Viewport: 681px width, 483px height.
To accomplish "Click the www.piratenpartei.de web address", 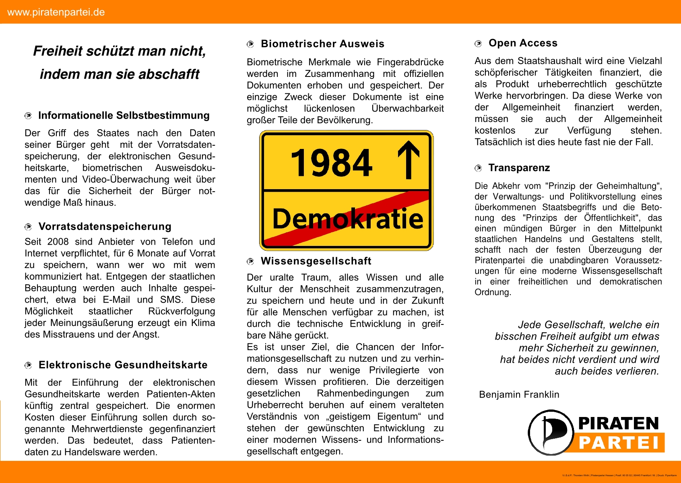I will point(56,12).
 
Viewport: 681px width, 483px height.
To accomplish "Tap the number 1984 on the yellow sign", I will point(331,163).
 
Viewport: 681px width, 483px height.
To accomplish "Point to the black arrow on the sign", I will point(409,159).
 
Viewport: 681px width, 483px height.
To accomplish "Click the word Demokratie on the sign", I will point(348,219).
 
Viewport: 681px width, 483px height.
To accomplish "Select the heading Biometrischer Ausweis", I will point(322,44).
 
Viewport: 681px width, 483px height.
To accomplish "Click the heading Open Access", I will point(523,43).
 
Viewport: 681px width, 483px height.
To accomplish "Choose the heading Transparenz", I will point(519,168).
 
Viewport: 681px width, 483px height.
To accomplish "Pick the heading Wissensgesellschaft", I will point(316,261).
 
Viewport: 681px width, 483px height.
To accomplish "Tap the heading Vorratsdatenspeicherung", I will point(105,227).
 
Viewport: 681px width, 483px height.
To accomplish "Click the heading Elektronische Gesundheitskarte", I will point(123,365).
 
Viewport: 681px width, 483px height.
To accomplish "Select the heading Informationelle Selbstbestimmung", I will point(124,116).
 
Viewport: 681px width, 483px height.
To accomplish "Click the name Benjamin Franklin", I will point(519,394).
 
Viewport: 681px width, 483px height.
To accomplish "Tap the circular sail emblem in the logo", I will point(550,432).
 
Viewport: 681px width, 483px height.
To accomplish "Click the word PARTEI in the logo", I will point(619,443).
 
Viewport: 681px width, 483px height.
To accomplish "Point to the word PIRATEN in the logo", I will point(618,423).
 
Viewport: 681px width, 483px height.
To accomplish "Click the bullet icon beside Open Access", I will point(478,43).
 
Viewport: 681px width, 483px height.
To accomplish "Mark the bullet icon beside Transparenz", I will point(478,168).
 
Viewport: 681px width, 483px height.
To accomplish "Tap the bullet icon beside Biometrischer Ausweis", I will point(250,44).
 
